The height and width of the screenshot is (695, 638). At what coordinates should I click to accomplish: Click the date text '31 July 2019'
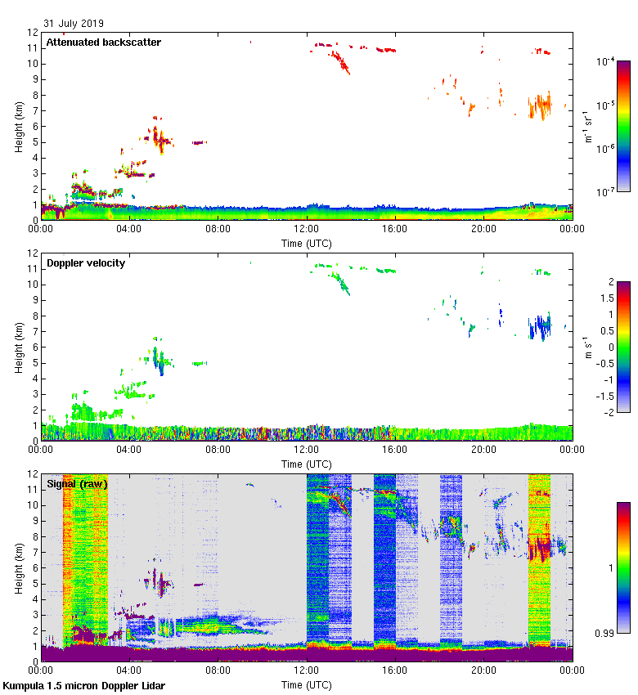point(74,24)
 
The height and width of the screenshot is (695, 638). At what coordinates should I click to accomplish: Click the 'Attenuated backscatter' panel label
point(103,43)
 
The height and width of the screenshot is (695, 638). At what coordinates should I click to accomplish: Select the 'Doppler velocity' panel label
point(86,263)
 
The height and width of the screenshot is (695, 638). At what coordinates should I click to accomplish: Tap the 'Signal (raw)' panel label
point(77,484)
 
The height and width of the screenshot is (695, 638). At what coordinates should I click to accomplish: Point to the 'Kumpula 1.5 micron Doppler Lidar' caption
point(83,685)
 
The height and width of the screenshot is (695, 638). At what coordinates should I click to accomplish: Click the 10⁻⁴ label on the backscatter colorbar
point(604,61)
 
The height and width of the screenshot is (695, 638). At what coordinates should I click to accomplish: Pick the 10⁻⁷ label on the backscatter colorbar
point(604,191)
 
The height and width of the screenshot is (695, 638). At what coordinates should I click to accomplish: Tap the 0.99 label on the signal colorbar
point(606,634)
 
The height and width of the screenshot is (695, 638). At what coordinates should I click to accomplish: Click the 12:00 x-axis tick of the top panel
point(307,229)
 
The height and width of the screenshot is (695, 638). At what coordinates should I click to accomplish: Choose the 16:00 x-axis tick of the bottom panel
point(395,670)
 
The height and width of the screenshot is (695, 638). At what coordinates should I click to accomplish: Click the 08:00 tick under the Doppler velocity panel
point(218,450)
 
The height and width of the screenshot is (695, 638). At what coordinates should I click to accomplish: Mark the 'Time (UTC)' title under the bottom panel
point(307,684)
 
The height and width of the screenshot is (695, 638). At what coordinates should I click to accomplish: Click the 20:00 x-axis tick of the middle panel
point(483,450)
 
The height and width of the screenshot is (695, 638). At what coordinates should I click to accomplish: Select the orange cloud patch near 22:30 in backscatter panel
point(540,105)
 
